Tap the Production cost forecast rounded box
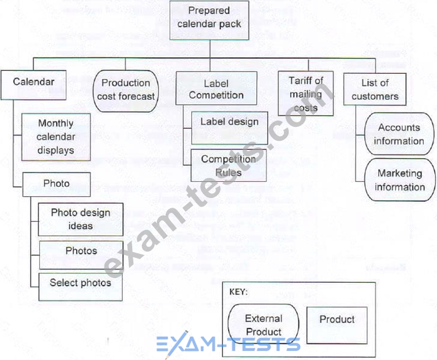126,89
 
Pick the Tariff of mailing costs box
305,93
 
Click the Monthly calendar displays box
55,137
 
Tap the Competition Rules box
229,164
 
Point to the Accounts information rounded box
398,134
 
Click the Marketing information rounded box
398,180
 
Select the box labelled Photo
57,184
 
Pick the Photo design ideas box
80,219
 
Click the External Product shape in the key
264,325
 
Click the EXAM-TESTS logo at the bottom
229,344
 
